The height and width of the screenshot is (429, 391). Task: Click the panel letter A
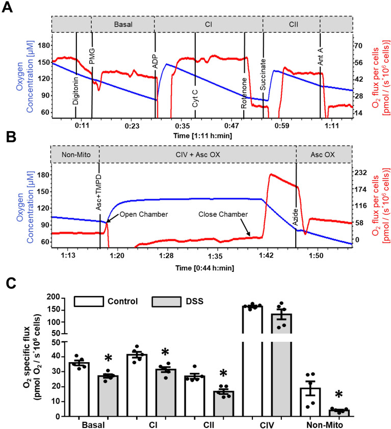click(7, 8)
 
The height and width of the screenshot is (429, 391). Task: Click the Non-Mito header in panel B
click(74, 154)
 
